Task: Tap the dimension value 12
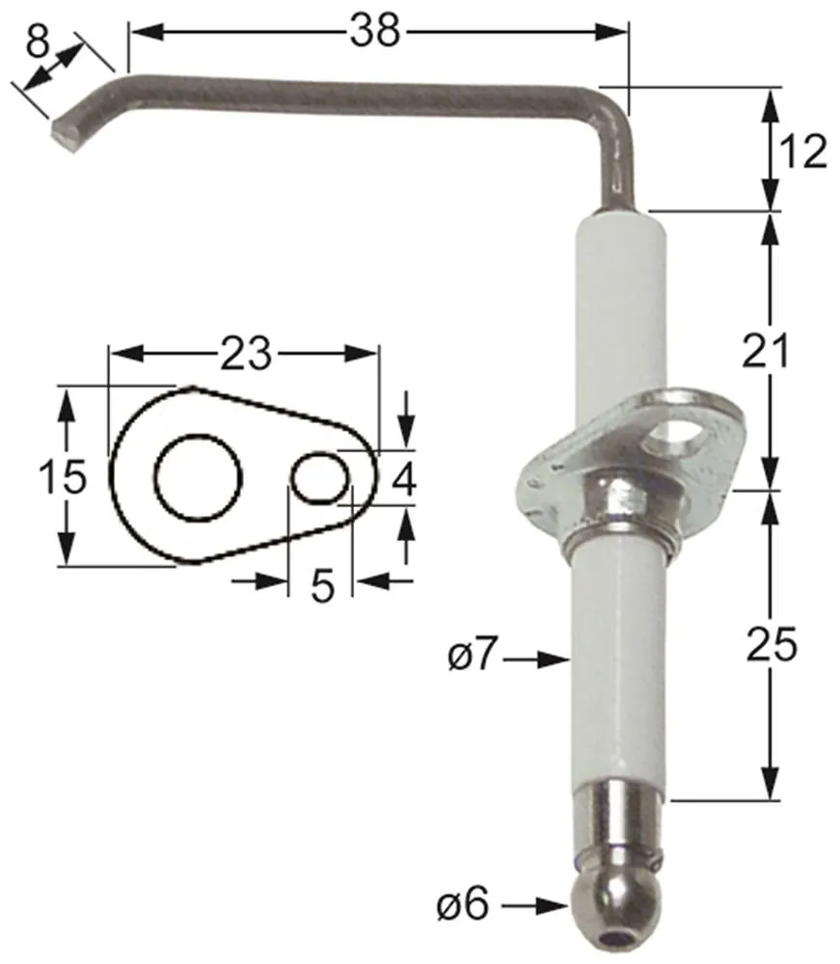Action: point(800,151)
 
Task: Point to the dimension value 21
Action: point(767,351)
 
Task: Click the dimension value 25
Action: point(772,645)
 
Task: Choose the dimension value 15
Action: point(62,476)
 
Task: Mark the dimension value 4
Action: point(402,479)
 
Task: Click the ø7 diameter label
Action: point(473,658)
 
